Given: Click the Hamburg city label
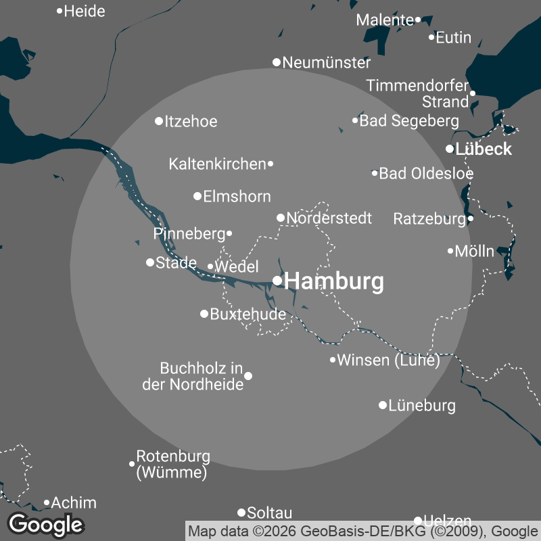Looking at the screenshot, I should point(334,281).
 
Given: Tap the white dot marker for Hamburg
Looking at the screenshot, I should point(277,281).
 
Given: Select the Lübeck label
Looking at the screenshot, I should point(484,149).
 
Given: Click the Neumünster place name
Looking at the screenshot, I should point(327,63).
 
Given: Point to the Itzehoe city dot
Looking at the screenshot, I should point(159,121).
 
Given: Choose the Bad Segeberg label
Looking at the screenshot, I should point(409,121).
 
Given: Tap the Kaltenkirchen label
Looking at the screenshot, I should point(217,164).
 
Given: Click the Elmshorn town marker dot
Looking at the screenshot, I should point(197,196).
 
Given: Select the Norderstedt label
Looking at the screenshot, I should point(329,218).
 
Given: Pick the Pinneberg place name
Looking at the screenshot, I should point(189,234).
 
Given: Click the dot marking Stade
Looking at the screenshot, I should point(150,262).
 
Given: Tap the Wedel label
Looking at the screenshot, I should point(237,267).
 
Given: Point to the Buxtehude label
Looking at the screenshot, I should point(248,314).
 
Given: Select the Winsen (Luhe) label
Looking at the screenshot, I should point(388,360).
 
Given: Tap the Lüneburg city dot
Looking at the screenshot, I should point(383,405).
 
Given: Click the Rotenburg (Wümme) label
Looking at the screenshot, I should point(173,465).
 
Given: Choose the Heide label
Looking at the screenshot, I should point(85,11).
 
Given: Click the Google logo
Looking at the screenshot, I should point(46,524).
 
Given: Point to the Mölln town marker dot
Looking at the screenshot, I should point(450,251).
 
